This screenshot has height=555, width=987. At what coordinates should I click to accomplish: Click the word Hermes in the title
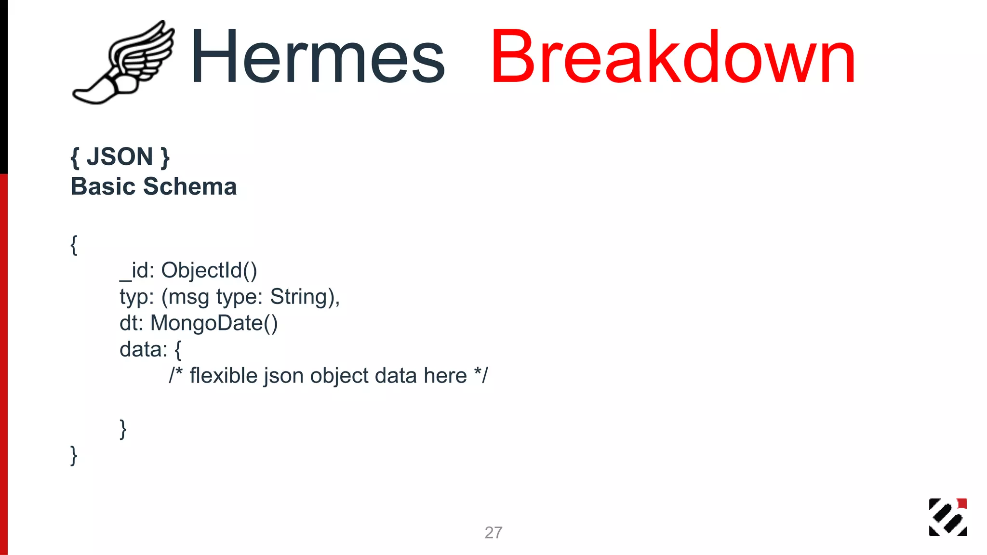click(x=318, y=57)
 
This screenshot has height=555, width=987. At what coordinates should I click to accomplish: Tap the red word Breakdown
click(x=673, y=57)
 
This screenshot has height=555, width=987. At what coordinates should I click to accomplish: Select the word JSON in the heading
click(x=120, y=157)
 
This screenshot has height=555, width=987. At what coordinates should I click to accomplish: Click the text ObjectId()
click(x=209, y=270)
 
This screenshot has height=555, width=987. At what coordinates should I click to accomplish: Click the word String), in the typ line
click(x=305, y=297)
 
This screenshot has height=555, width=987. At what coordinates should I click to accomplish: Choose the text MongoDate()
click(x=214, y=323)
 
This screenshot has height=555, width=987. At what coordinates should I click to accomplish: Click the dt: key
click(x=132, y=323)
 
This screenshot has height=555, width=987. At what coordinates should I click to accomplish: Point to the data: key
click(x=143, y=350)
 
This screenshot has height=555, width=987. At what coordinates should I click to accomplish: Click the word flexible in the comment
click(x=224, y=376)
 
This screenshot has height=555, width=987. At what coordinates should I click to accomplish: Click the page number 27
click(x=493, y=532)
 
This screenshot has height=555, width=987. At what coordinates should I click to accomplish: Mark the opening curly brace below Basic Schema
click(x=74, y=245)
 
